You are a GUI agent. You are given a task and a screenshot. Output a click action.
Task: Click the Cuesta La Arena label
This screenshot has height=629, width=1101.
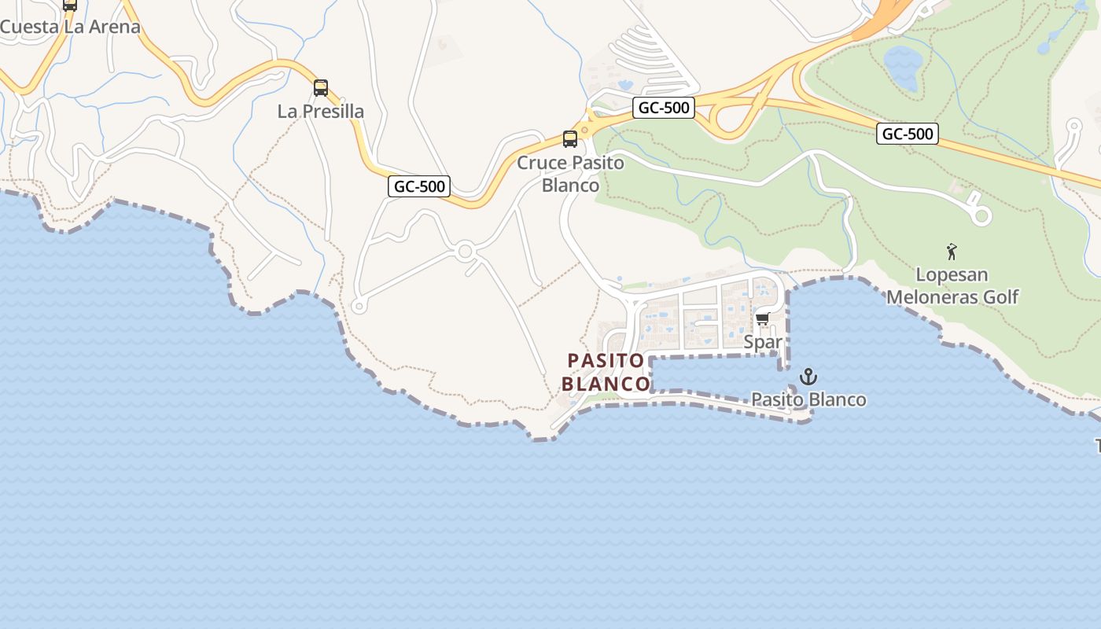69,27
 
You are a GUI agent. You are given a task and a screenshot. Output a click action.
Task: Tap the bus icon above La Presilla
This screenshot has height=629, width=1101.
321,88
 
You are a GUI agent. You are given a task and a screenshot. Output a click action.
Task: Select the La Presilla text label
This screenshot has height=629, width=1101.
321,112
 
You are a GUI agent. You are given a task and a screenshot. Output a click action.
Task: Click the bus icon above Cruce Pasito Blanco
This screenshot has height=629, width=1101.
570,139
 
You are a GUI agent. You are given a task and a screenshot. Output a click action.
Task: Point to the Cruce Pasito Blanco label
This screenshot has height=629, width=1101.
570,174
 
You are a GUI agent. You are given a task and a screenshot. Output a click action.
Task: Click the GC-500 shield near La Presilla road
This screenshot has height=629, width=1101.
420,186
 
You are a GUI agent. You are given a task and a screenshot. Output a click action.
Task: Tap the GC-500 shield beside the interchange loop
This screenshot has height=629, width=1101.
663,108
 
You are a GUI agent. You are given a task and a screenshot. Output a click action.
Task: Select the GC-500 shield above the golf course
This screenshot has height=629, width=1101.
907,134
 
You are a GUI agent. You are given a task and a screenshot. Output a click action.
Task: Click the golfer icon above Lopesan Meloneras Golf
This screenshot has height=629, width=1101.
952,252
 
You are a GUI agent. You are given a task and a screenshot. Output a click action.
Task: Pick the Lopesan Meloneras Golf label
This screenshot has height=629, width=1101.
952,286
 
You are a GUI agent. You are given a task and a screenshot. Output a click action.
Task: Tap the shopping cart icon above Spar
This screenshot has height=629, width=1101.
761,319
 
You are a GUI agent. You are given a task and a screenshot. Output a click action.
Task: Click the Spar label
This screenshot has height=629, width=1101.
763,342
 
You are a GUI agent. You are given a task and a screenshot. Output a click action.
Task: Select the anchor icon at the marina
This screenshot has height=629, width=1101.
808,377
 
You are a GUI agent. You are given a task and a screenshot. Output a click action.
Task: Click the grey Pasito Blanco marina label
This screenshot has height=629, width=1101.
808,399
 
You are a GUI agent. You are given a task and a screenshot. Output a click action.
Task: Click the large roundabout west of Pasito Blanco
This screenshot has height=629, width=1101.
465,252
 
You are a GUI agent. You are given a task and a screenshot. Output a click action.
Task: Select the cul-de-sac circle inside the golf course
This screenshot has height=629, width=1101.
981,215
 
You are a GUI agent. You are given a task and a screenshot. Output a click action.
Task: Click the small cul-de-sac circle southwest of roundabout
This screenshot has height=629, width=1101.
359,306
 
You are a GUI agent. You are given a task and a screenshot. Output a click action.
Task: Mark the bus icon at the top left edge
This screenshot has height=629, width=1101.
70,4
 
